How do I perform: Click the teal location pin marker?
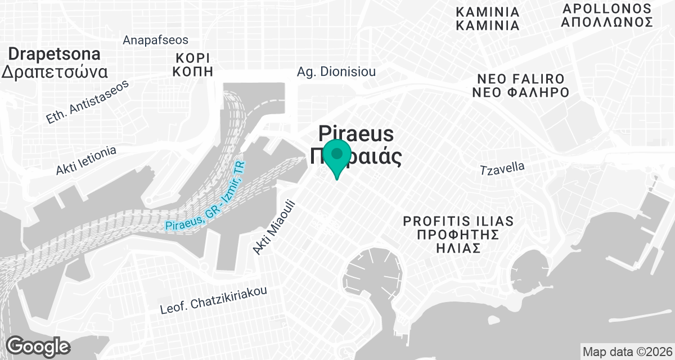(337, 158)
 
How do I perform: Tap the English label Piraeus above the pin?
(356, 134)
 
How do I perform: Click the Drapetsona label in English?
(55, 55)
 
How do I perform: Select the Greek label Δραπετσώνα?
(55, 72)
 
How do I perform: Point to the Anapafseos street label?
(155, 40)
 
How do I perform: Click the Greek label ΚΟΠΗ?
(193, 71)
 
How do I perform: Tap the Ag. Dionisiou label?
(336, 72)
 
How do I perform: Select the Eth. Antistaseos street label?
(87, 101)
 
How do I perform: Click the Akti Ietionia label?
(85, 161)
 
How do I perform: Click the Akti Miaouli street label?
(274, 227)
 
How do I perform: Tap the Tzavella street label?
(502, 168)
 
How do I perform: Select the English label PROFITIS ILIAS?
(459, 221)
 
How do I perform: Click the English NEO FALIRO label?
(520, 78)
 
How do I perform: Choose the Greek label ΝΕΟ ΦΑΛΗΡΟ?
(520, 93)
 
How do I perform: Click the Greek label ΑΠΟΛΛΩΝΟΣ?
(607, 22)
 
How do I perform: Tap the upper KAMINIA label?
(487, 12)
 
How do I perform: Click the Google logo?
(38, 346)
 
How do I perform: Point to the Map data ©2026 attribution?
(626, 352)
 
